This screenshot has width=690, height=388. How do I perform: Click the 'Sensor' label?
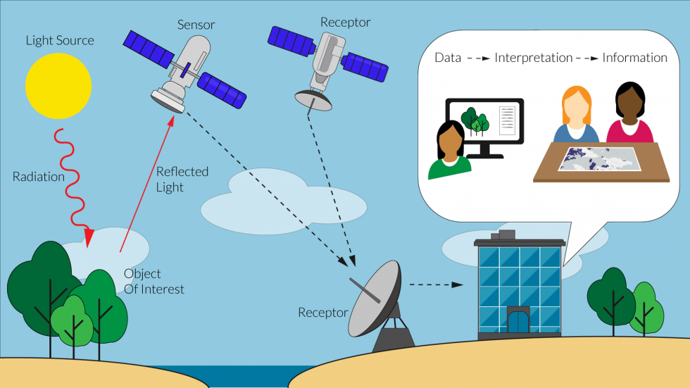click(196, 25)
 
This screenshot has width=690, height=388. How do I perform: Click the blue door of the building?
click(518, 321)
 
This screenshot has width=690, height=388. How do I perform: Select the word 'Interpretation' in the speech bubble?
click(533, 58)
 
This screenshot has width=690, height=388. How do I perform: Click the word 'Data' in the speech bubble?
click(448, 58)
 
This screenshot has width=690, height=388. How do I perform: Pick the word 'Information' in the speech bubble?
click(634, 58)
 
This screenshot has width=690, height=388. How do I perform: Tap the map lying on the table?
click(599, 158)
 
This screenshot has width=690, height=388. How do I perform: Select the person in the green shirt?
click(448, 151)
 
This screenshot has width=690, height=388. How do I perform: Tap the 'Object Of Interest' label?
click(153, 281)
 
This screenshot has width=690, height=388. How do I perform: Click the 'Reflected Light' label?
click(182, 180)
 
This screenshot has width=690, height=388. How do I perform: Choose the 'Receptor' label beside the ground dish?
click(323, 312)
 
